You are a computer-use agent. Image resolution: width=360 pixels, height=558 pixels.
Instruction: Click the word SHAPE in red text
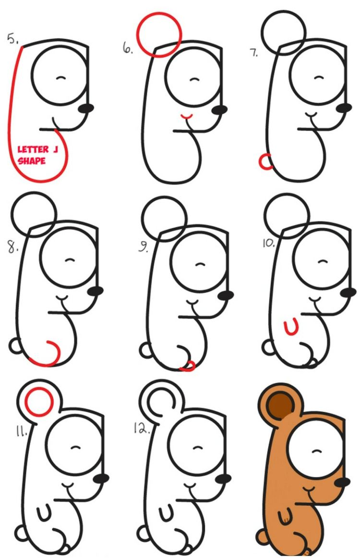click(x=32, y=161)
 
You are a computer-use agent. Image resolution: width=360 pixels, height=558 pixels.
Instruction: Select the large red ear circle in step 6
click(x=158, y=34)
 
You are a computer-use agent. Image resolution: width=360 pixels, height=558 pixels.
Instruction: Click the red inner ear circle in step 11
click(x=38, y=403)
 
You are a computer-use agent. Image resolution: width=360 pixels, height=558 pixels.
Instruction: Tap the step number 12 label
click(x=140, y=428)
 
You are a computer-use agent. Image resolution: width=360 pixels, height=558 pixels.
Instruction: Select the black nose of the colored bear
click(x=342, y=481)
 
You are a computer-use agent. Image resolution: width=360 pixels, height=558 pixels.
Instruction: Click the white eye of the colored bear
click(x=315, y=450)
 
